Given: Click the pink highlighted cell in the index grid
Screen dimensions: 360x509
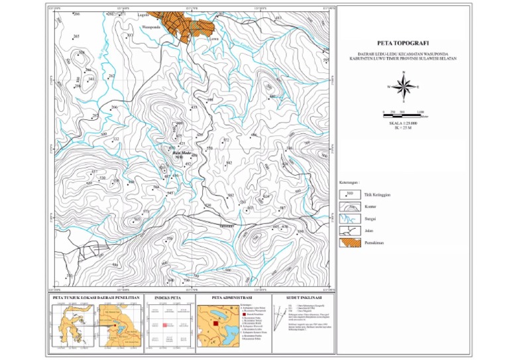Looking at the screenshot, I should (x=164, y=325).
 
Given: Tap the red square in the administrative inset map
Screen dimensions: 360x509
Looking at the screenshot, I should (x=215, y=323).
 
